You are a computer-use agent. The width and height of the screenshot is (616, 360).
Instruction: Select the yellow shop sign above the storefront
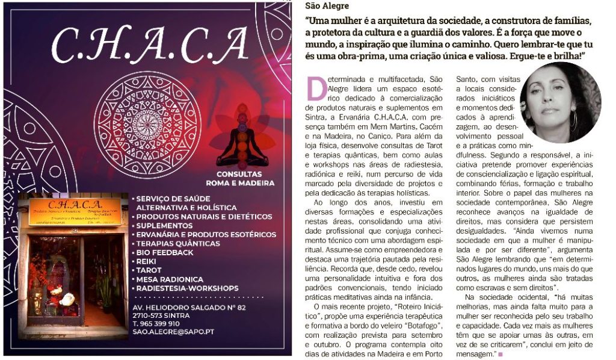click(x=75, y=211)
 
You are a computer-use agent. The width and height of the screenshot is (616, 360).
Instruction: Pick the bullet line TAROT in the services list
click(x=149, y=270)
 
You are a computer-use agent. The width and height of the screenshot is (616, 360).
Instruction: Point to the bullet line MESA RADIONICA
click(x=170, y=279)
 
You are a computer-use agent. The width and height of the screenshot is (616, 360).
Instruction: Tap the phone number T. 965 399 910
click(x=156, y=323)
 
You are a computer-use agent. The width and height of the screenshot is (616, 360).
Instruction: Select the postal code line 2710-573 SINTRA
click(x=161, y=315)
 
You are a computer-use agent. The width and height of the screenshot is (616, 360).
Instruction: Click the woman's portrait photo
click(x=560, y=102)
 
